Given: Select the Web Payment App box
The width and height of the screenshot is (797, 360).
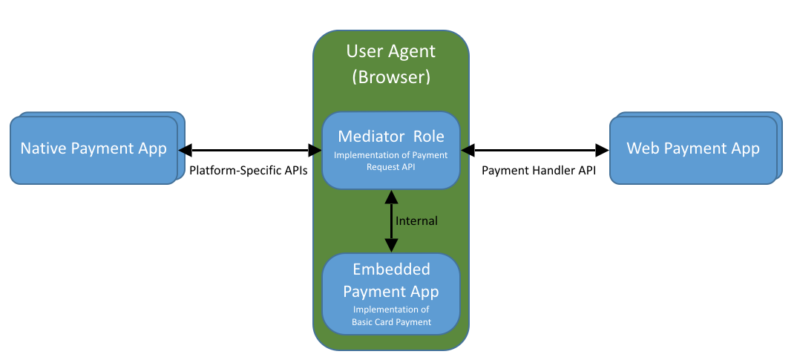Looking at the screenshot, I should (x=693, y=148).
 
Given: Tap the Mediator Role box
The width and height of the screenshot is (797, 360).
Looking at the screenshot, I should (x=391, y=151).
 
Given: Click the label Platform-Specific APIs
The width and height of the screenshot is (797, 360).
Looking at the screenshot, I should (x=248, y=170).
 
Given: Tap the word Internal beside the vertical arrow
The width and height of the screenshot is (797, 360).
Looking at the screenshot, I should (x=416, y=220).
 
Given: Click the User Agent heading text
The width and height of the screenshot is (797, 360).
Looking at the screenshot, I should (x=391, y=51).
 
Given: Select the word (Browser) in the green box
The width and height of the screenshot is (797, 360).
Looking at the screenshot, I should (x=391, y=76).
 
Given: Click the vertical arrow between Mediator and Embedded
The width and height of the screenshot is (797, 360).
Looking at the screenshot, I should (x=391, y=220).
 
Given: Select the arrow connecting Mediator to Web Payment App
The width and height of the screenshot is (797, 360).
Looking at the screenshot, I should (x=535, y=149).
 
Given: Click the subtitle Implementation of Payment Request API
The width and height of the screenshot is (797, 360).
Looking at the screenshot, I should (x=391, y=161).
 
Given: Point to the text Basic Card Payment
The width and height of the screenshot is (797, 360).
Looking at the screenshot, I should (x=391, y=321).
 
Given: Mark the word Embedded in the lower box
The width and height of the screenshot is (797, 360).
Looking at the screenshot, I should (x=391, y=269).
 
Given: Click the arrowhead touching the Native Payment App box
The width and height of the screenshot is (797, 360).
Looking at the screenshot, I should (x=186, y=149).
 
